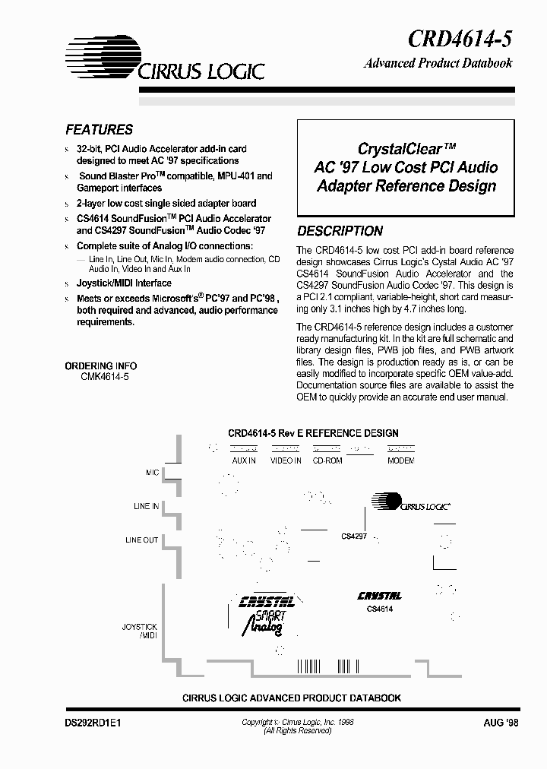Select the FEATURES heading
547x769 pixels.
tap(99, 130)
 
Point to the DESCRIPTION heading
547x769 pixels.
tap(340, 231)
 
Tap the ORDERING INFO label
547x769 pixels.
tap(101, 366)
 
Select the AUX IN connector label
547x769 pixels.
tap(243, 460)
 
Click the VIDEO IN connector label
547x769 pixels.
tap(286, 460)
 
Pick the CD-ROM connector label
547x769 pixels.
tap(327, 460)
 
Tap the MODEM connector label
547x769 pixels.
tap(400, 460)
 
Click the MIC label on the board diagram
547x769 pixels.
tap(153, 473)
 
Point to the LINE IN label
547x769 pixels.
tap(146, 506)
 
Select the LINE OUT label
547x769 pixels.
tap(142, 540)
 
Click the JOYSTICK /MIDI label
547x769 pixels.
tap(140, 631)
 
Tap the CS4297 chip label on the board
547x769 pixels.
tap(354, 536)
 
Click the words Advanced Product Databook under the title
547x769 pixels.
tap(438, 63)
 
